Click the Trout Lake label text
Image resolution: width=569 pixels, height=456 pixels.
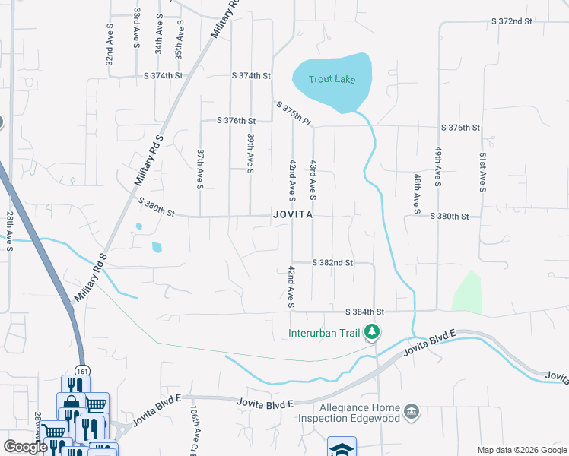[332, 80]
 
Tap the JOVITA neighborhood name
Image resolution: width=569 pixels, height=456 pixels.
[293, 215]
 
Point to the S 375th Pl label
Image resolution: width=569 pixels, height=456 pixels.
[294, 114]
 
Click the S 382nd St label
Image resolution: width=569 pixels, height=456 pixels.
[333, 262]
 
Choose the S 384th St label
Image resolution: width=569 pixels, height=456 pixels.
[365, 312]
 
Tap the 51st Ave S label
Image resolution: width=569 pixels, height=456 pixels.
[482, 172]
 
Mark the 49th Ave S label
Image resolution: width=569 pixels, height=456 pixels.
[438, 167]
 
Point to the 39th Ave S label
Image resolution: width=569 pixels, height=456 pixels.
[250, 153]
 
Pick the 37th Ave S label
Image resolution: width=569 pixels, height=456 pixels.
[200, 168]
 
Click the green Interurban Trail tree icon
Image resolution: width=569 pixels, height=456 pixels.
[372, 332]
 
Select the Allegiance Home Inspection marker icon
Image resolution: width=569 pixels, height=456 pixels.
[412, 411]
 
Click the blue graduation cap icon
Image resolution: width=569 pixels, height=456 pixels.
[342, 448]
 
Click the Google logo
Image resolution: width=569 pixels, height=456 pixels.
[25, 447]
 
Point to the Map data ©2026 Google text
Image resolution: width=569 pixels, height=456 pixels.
[521, 449]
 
